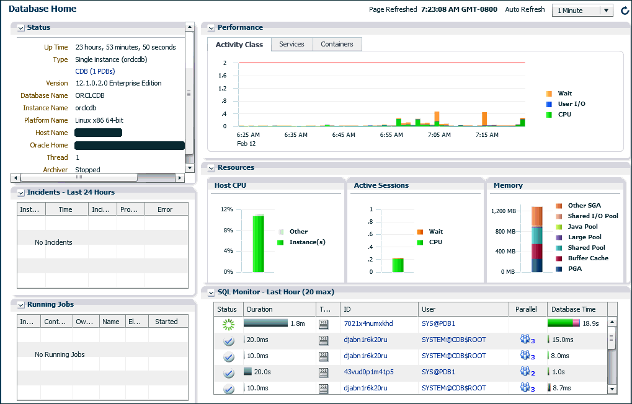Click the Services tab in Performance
click(x=292, y=45)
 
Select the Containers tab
click(x=337, y=45)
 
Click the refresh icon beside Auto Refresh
click(x=625, y=11)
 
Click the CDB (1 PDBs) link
click(x=95, y=71)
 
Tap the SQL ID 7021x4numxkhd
click(x=368, y=323)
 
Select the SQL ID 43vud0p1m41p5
click(x=368, y=372)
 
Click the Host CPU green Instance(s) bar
click(x=258, y=244)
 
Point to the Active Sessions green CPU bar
click(x=398, y=265)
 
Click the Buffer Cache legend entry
click(x=587, y=258)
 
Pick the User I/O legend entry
click(x=571, y=104)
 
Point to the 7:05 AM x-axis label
click(x=439, y=134)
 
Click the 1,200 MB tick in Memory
click(x=503, y=211)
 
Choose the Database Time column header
click(x=573, y=309)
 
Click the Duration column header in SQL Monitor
click(x=259, y=309)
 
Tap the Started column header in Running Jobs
click(x=166, y=322)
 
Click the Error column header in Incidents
click(x=165, y=209)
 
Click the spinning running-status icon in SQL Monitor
click(x=229, y=324)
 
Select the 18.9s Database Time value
click(x=590, y=323)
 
